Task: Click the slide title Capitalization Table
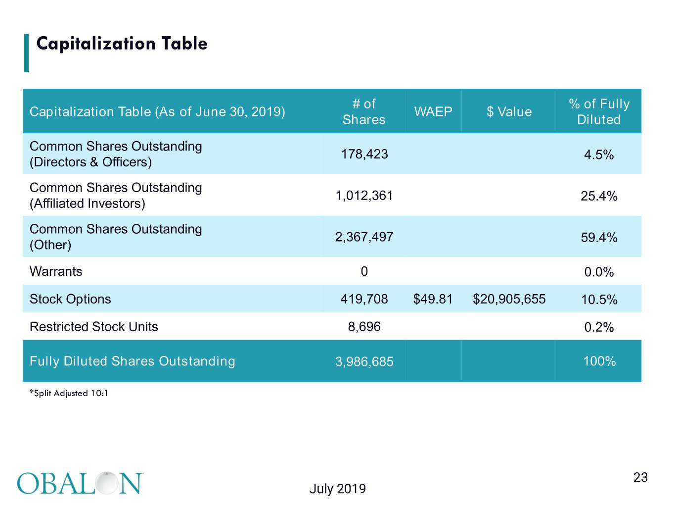(x=122, y=44)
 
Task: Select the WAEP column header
(x=433, y=111)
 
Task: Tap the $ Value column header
(x=509, y=111)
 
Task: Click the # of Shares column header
(x=364, y=111)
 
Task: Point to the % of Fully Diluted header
(x=599, y=111)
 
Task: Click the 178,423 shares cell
(x=364, y=154)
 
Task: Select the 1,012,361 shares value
(x=364, y=196)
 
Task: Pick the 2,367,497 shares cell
(x=364, y=237)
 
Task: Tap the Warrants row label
(x=56, y=271)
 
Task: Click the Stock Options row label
(x=70, y=299)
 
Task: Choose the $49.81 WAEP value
(x=433, y=299)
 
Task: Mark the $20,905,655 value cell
(x=509, y=299)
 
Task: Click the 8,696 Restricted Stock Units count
(x=364, y=326)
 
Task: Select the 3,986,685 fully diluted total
(x=364, y=361)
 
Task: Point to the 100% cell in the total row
(x=599, y=361)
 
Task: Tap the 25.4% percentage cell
(x=599, y=196)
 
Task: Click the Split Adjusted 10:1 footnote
(x=69, y=393)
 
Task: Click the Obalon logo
(x=80, y=483)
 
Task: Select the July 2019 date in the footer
(x=338, y=489)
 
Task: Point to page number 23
(x=640, y=477)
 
